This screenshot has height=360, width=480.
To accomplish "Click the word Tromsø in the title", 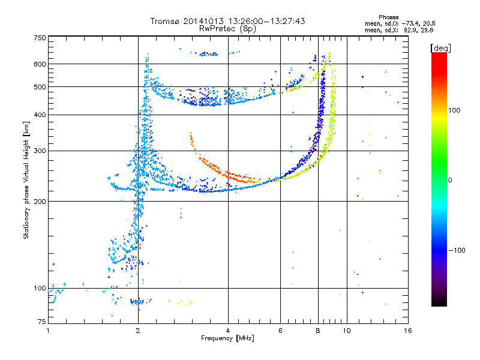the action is pyautogui.click(x=165, y=21).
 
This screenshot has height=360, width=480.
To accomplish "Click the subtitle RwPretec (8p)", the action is pyautogui.click(x=227, y=29).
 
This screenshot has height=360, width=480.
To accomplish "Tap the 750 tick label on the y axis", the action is pyautogui.click(x=40, y=38).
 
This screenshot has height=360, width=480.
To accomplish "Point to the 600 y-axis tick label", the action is pyautogui.click(x=40, y=64).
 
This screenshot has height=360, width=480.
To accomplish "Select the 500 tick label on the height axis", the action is pyautogui.click(x=40, y=87).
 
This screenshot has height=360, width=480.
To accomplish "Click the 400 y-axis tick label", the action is pyautogui.click(x=40, y=115).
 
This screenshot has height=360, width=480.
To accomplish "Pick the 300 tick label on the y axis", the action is pyautogui.click(x=40, y=151).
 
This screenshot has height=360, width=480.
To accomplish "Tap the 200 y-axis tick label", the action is pyautogui.click(x=40, y=202).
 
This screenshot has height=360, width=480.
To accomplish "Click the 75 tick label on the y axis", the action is pyautogui.click(x=42, y=322).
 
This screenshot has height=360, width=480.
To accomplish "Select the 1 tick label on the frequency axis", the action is pyautogui.click(x=48, y=331).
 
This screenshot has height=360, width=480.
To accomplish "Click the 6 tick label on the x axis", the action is pyautogui.click(x=280, y=331).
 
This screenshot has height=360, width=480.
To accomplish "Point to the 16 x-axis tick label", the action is pyautogui.click(x=408, y=331).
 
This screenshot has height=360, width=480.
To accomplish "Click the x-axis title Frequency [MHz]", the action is pyautogui.click(x=227, y=338).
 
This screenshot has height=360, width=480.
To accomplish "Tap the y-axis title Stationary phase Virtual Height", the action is pyautogui.click(x=26, y=181).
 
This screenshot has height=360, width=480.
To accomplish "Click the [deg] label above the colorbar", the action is pyautogui.click(x=440, y=48).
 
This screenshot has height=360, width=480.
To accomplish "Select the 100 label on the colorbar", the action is pyautogui.click(x=454, y=110).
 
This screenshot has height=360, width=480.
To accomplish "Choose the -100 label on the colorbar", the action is pyautogui.click(x=457, y=250).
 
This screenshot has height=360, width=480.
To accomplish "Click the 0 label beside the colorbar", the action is pyautogui.click(x=450, y=181).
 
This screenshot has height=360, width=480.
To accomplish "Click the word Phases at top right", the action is pyautogui.click(x=388, y=17).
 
